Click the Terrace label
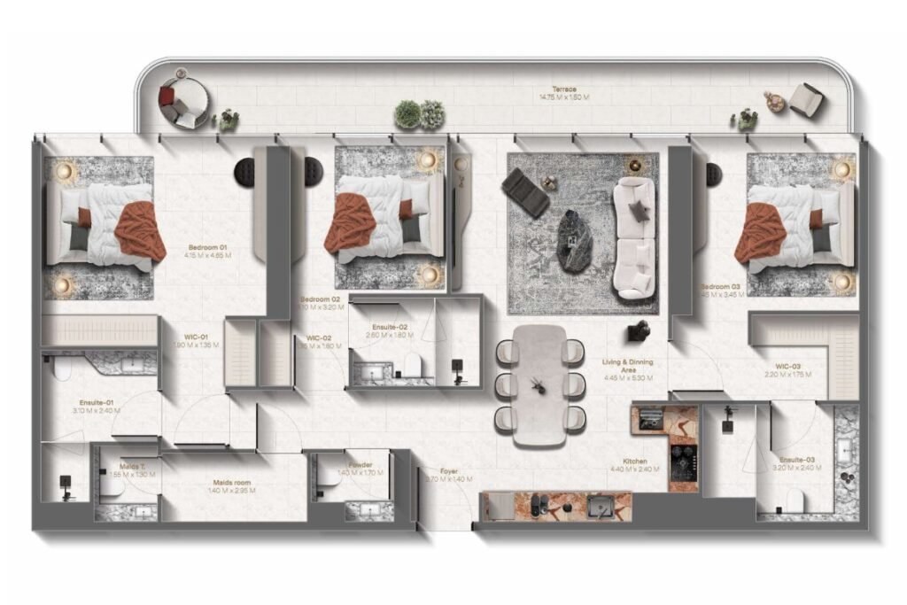point(564,89)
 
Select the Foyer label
point(449,471)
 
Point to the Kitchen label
point(634,462)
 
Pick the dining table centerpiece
point(538,384)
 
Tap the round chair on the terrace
point(183,100)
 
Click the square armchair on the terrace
point(806,100)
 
